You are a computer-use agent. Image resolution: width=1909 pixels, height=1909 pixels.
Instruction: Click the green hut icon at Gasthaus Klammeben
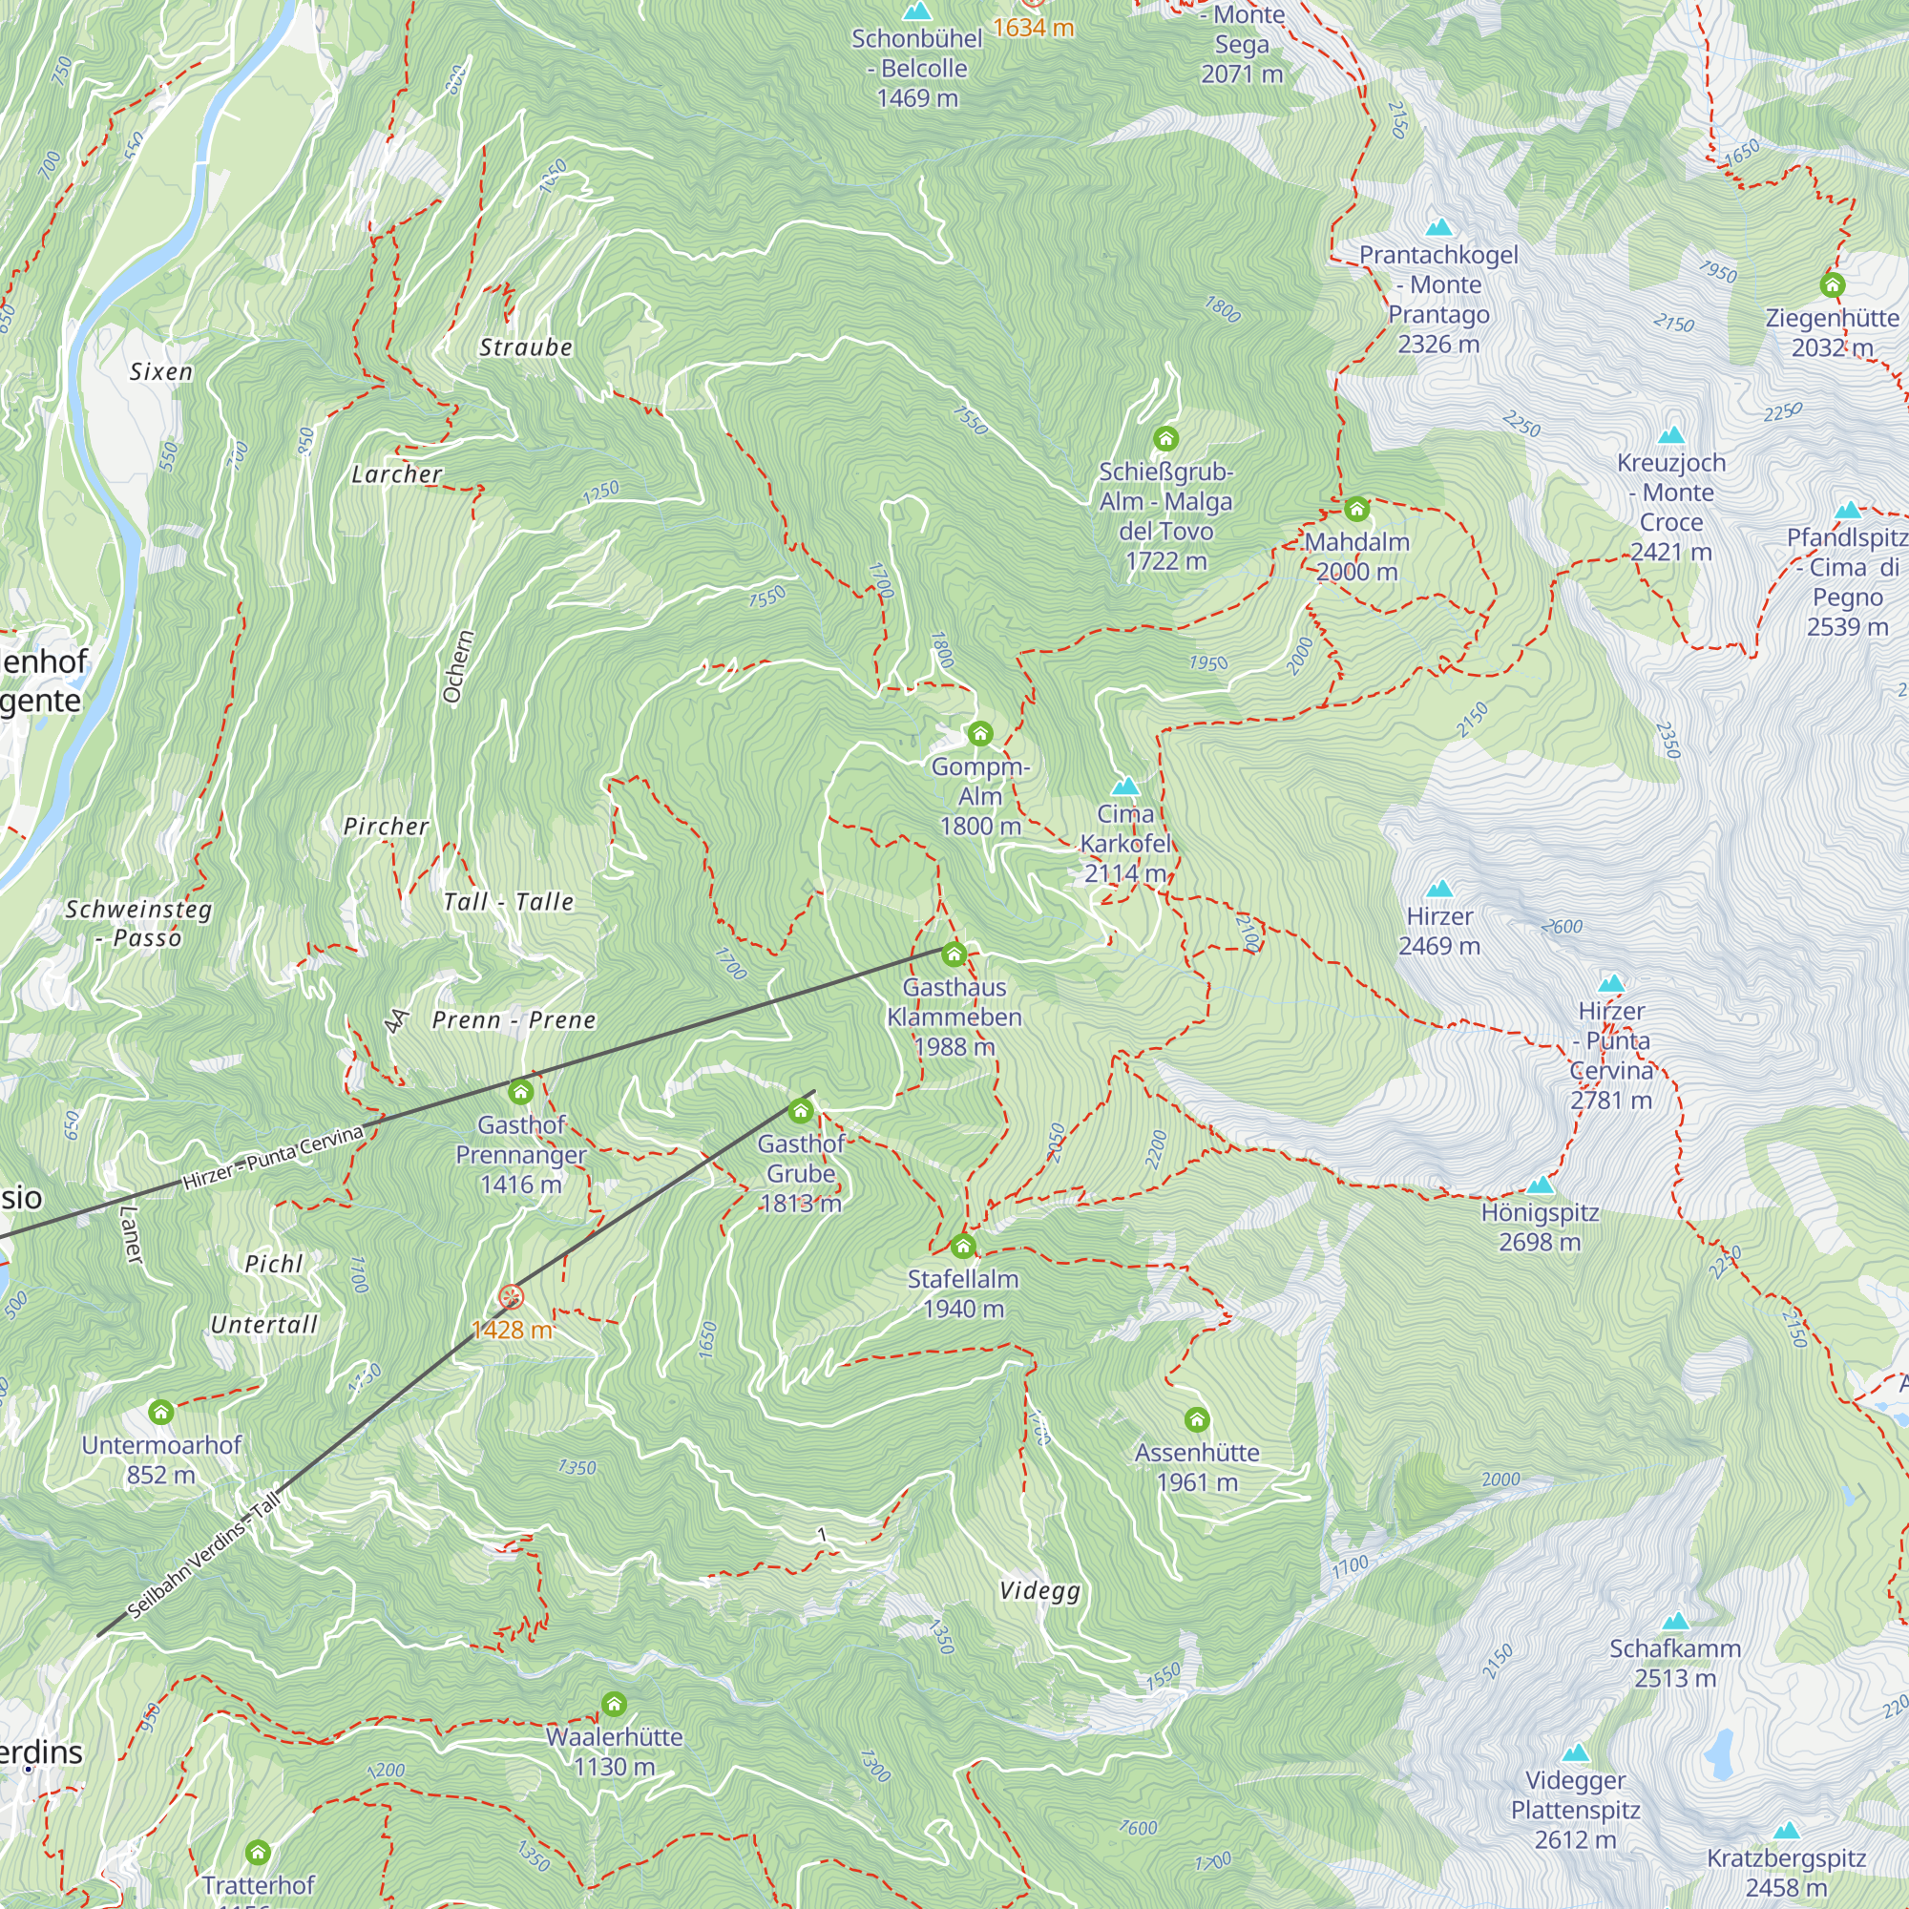(954, 954)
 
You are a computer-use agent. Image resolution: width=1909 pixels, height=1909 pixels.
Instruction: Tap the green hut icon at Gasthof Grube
(801, 1112)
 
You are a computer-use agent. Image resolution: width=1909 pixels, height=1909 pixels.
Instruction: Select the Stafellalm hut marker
(962, 1246)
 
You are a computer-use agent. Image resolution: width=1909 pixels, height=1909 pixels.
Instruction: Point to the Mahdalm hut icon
(1356, 509)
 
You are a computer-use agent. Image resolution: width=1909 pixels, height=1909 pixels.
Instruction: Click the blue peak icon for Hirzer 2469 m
(1439, 889)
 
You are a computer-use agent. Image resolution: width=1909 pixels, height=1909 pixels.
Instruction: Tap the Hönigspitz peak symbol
(1540, 1185)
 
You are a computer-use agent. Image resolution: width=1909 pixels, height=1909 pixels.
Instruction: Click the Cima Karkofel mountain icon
(1125, 787)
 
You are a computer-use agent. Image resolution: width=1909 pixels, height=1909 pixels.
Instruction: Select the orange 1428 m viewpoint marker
(511, 1297)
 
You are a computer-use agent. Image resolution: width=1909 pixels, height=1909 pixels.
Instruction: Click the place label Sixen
(161, 372)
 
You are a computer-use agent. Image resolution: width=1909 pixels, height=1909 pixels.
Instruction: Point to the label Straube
(526, 347)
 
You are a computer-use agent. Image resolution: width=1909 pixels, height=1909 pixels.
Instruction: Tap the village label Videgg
(1039, 1591)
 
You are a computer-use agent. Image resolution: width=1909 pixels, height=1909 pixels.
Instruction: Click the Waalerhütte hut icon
(614, 1704)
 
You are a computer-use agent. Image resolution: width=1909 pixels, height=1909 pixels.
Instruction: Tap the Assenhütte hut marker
(1197, 1420)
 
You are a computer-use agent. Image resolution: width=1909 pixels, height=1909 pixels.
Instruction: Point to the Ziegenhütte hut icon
(1832, 285)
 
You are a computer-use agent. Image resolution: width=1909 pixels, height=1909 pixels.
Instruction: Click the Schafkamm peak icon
(1675, 1621)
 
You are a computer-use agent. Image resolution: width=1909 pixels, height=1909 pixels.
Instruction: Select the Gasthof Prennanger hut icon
(521, 1092)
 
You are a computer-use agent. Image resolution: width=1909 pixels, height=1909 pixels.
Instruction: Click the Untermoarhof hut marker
(161, 1412)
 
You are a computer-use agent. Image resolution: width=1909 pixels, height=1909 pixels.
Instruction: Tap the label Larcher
(397, 474)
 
